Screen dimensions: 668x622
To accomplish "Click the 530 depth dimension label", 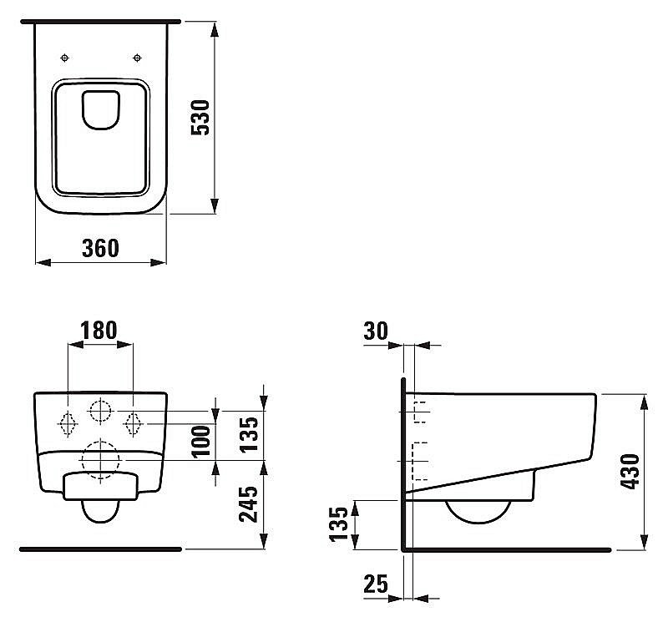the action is point(200,118).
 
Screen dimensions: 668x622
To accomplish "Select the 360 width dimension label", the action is point(100,248).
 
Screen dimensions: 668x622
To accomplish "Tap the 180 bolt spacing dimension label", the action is point(99,330).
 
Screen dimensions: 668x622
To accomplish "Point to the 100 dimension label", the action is point(200,442).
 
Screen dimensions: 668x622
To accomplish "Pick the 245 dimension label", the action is point(248,504).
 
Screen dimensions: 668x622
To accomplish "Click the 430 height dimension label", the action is point(630,471).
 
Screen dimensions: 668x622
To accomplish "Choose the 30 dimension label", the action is point(376,331).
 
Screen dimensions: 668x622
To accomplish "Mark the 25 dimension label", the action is point(376,584).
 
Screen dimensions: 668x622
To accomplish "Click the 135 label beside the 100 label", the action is point(248,434).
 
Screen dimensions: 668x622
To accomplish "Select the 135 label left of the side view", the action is point(339,524).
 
